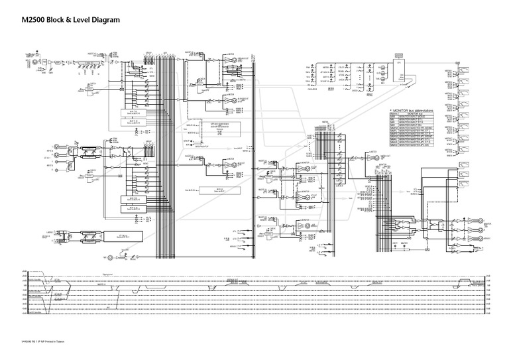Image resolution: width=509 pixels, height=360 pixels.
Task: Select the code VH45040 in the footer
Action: click(27, 341)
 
